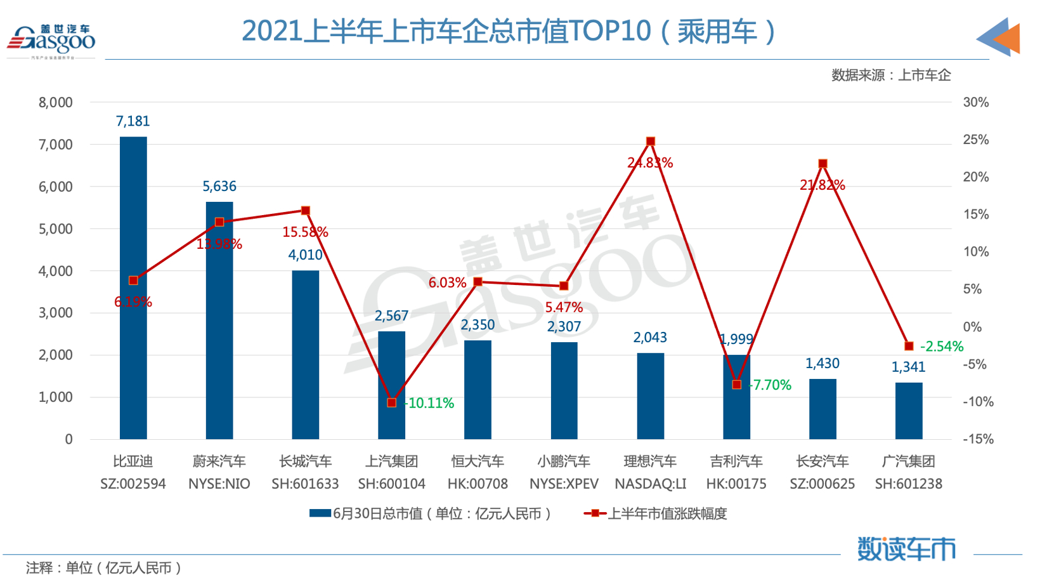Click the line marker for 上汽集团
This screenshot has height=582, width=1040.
[x=392, y=403]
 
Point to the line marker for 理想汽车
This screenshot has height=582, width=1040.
[x=651, y=142]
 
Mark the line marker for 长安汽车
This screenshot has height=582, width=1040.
[x=823, y=164]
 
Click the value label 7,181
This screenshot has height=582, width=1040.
[x=133, y=121]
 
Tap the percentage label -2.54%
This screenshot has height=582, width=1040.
[x=942, y=347]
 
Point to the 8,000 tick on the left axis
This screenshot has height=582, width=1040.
[x=56, y=102]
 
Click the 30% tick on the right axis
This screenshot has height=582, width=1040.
[x=975, y=102]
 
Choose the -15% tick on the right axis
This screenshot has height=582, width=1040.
[x=977, y=439]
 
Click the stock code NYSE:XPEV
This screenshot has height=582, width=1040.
[x=564, y=484]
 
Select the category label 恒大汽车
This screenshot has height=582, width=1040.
[x=478, y=461]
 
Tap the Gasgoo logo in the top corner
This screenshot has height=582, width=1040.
[x=51, y=40]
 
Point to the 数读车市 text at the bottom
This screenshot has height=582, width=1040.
[x=906, y=549]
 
